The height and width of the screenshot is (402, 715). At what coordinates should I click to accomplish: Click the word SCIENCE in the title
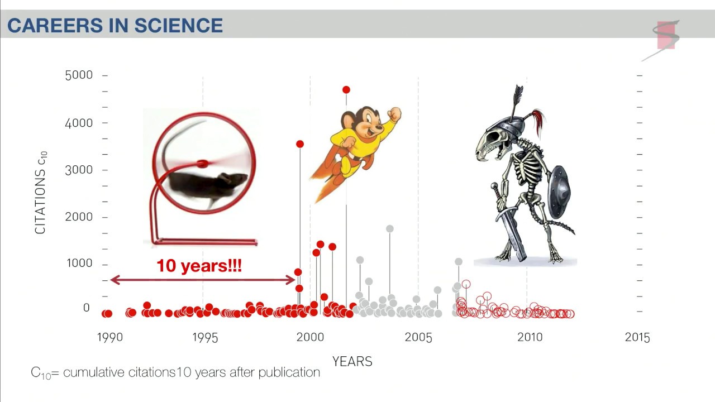tap(178, 26)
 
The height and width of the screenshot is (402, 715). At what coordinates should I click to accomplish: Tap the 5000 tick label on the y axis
tap(79, 75)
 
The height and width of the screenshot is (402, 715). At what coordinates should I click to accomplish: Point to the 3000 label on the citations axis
tap(79, 170)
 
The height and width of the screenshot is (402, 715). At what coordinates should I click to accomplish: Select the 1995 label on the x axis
tap(205, 338)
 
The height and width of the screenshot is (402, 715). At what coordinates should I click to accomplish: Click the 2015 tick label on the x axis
tap(637, 338)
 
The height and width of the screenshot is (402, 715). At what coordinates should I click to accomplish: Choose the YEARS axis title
tap(352, 361)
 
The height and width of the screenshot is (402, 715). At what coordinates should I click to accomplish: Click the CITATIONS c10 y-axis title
tap(41, 193)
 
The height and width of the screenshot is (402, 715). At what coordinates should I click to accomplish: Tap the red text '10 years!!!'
tap(199, 266)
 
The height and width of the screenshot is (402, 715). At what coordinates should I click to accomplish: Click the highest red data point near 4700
tap(346, 90)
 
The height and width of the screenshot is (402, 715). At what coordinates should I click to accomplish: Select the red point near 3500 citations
tap(300, 144)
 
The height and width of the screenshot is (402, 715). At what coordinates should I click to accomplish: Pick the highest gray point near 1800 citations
tap(390, 229)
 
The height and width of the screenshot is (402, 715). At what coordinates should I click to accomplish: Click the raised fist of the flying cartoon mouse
tap(395, 114)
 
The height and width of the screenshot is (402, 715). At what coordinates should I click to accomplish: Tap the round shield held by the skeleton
tap(559, 192)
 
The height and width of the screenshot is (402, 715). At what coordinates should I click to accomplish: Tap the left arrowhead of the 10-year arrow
tap(115, 280)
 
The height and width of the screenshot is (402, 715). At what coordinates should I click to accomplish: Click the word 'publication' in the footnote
tap(289, 372)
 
